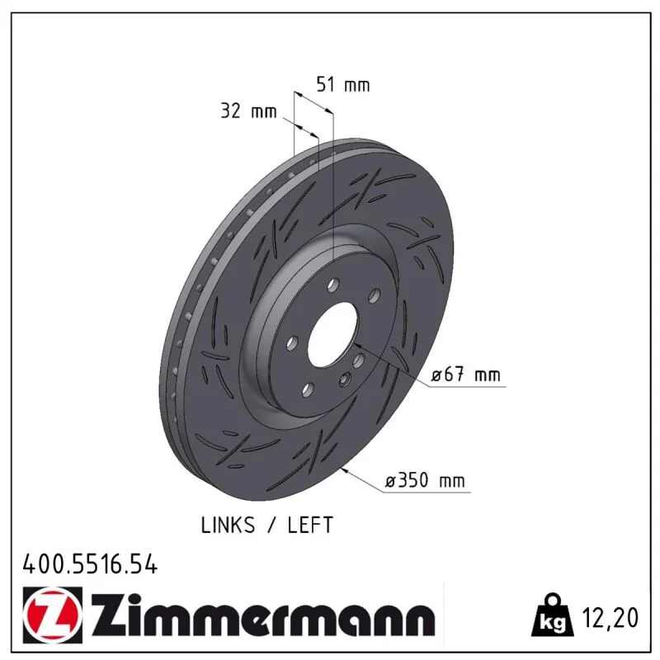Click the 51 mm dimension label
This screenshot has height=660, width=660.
pos(343,85)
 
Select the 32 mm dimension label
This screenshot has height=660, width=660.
pos(249,111)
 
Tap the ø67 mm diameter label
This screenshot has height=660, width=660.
pos(466,375)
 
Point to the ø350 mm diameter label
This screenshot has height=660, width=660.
pos(425,480)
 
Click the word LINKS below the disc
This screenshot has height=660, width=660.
pos(228,525)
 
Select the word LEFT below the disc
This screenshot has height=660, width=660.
pos(310,525)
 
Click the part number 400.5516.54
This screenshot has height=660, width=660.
pos(90,564)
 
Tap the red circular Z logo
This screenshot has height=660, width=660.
pos(53,615)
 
